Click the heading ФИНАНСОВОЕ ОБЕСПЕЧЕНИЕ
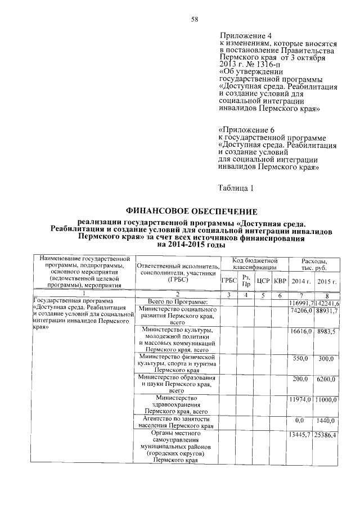(x=191, y=211)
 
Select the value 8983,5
(x=326, y=332)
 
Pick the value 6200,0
(x=326, y=380)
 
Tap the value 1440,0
(x=326, y=420)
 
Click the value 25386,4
(x=326, y=435)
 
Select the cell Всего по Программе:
(x=177, y=303)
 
